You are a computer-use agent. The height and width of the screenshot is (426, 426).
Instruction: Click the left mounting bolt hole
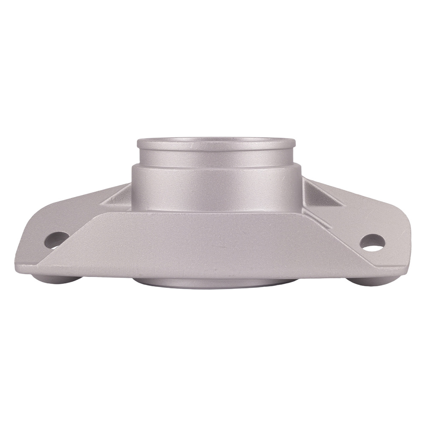(56, 240)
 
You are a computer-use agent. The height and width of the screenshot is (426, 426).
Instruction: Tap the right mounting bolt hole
(372, 242)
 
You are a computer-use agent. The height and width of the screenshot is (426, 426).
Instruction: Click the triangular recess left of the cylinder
(119, 198)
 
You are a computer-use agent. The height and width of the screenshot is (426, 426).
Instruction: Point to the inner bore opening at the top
(216, 139)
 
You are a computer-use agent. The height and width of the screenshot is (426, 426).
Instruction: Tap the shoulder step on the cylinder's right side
(296, 167)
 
